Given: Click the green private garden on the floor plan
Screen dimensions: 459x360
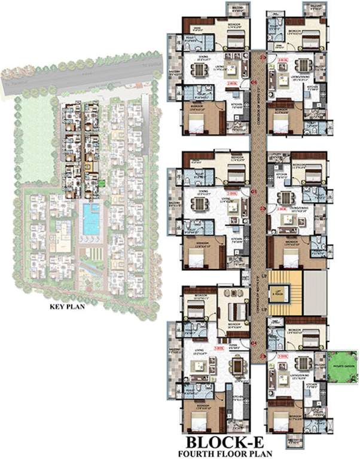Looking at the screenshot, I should [x=341, y=366].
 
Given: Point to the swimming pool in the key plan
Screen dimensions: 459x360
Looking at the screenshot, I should [x=91, y=219].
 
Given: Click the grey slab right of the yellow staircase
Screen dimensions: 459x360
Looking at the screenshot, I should [x=315, y=293].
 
